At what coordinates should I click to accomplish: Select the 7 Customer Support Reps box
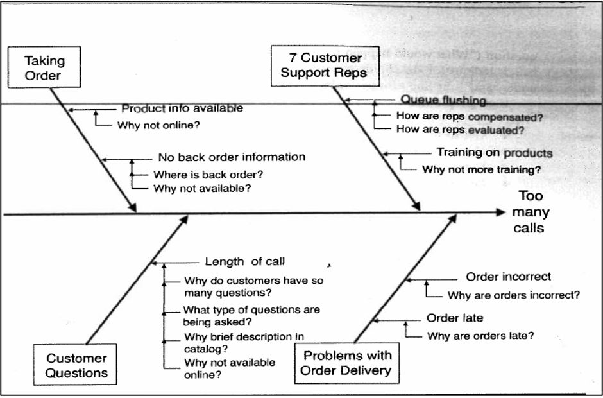pyautogui.click(x=325, y=65)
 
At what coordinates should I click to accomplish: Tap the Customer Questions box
pyautogui.click(x=77, y=365)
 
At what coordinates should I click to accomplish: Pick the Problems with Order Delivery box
pyautogui.click(x=347, y=363)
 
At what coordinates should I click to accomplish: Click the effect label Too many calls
pyautogui.click(x=534, y=212)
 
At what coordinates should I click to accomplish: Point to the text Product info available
pyautogui.click(x=182, y=108)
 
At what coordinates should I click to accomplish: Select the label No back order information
pyautogui.click(x=232, y=157)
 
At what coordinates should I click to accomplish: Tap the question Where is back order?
pyautogui.click(x=208, y=174)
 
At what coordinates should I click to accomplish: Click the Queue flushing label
pyautogui.click(x=443, y=99)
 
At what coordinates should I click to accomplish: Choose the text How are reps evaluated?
pyautogui.click(x=460, y=130)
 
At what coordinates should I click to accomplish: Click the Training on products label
pyautogui.click(x=494, y=153)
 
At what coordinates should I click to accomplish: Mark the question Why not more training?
pyautogui.click(x=481, y=170)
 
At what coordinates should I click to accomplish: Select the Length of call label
pyautogui.click(x=245, y=261)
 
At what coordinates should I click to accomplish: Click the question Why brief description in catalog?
pyautogui.click(x=244, y=342)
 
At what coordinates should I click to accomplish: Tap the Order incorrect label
pyautogui.click(x=508, y=277)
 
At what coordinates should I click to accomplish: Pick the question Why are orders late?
pyautogui.click(x=480, y=335)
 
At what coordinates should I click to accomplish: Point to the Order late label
pyautogui.click(x=455, y=318)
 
